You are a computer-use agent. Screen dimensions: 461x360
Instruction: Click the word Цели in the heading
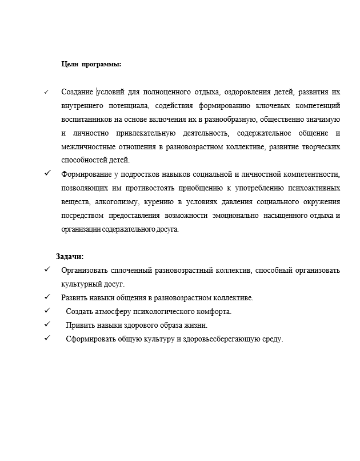(69, 64)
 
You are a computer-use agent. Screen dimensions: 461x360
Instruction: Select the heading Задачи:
(70, 257)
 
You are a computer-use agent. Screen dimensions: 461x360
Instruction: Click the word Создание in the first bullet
(78, 92)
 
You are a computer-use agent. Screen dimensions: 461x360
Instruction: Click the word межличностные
(86, 147)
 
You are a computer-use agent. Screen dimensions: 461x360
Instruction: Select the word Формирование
(84, 174)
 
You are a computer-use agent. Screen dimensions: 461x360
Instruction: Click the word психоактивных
(313, 188)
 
